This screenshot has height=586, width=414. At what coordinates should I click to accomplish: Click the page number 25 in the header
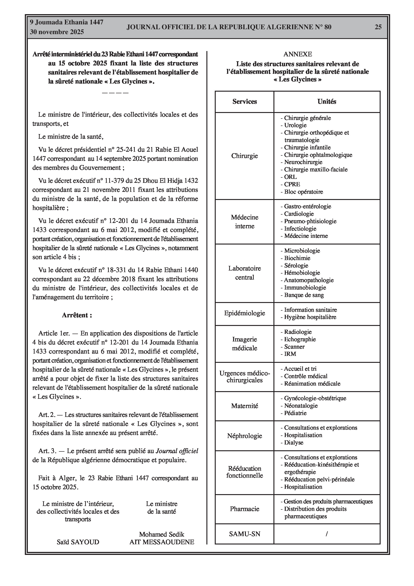378,27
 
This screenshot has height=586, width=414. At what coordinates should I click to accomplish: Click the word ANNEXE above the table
298,54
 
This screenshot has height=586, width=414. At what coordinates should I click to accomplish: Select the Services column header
244,102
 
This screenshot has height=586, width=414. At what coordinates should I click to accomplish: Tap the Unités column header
327,102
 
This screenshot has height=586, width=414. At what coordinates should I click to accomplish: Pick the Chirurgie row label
244,156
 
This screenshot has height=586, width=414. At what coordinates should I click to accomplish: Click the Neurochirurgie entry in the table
303,162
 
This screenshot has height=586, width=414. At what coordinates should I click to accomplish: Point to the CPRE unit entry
292,184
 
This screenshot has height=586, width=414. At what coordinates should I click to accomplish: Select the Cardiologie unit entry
299,214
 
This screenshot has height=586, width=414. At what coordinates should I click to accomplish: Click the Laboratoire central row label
244,273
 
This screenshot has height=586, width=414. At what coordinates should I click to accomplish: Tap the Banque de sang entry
304,295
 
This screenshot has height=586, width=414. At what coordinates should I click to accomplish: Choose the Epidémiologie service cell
244,313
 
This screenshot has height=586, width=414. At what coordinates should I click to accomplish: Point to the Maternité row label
244,406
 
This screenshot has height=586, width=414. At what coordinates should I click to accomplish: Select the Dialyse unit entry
294,443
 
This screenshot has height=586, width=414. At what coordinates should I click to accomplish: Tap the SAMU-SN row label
244,534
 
